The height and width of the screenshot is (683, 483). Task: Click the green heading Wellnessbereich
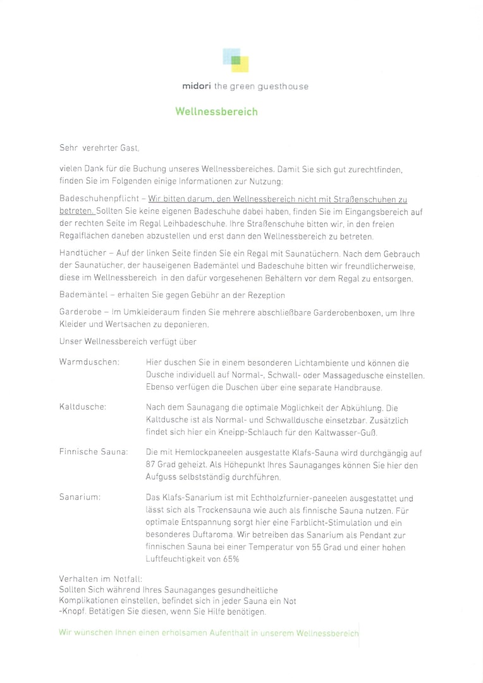click(x=216, y=112)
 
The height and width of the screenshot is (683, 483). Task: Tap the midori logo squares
click(x=236, y=59)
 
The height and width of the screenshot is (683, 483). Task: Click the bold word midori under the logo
click(x=196, y=86)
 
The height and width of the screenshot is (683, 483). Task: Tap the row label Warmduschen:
click(x=89, y=363)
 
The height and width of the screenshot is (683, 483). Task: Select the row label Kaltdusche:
click(x=82, y=408)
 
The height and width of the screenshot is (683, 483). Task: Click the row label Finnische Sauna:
click(x=94, y=453)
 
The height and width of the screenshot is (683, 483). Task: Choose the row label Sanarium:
click(x=80, y=498)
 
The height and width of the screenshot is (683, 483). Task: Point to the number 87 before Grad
click(x=151, y=465)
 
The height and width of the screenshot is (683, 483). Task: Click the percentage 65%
click(x=231, y=559)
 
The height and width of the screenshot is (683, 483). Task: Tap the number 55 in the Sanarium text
click(x=318, y=548)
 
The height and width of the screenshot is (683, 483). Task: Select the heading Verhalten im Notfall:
click(x=100, y=579)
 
